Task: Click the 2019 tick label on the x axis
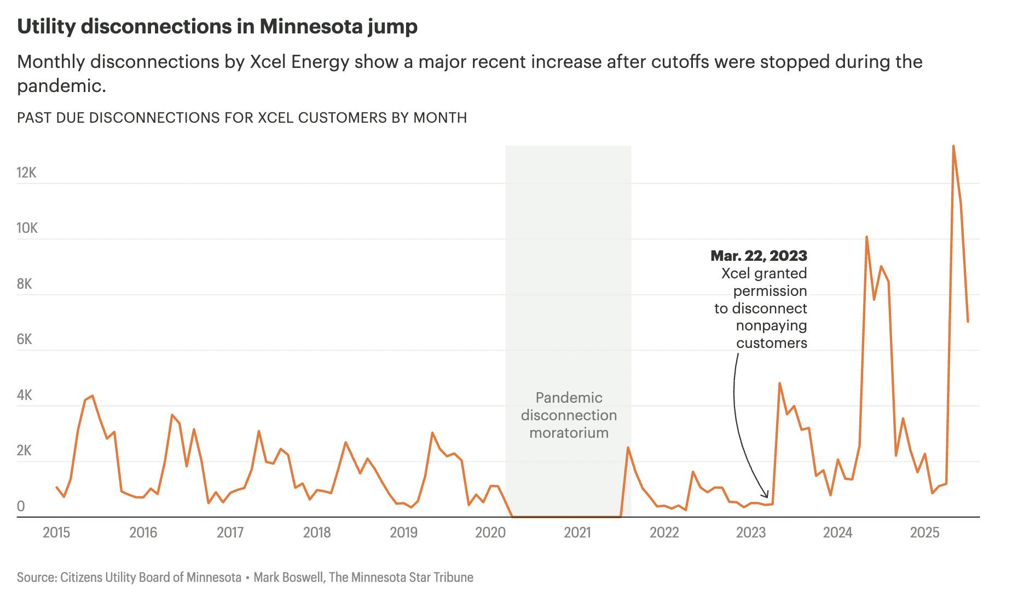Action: (x=403, y=533)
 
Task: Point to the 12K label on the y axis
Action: (x=26, y=173)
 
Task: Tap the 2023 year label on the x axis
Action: (x=751, y=533)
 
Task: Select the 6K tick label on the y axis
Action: (x=25, y=340)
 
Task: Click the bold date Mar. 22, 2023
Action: (x=759, y=256)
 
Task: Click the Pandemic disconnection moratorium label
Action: (x=569, y=415)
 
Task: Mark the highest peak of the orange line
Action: (x=953, y=146)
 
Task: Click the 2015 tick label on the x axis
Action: (x=56, y=533)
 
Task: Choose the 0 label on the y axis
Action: (x=21, y=507)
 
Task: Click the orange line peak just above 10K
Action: (x=867, y=237)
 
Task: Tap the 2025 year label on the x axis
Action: (x=924, y=533)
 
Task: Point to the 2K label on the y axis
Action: (x=25, y=451)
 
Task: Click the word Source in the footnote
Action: (x=36, y=577)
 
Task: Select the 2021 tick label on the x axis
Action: (x=577, y=533)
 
